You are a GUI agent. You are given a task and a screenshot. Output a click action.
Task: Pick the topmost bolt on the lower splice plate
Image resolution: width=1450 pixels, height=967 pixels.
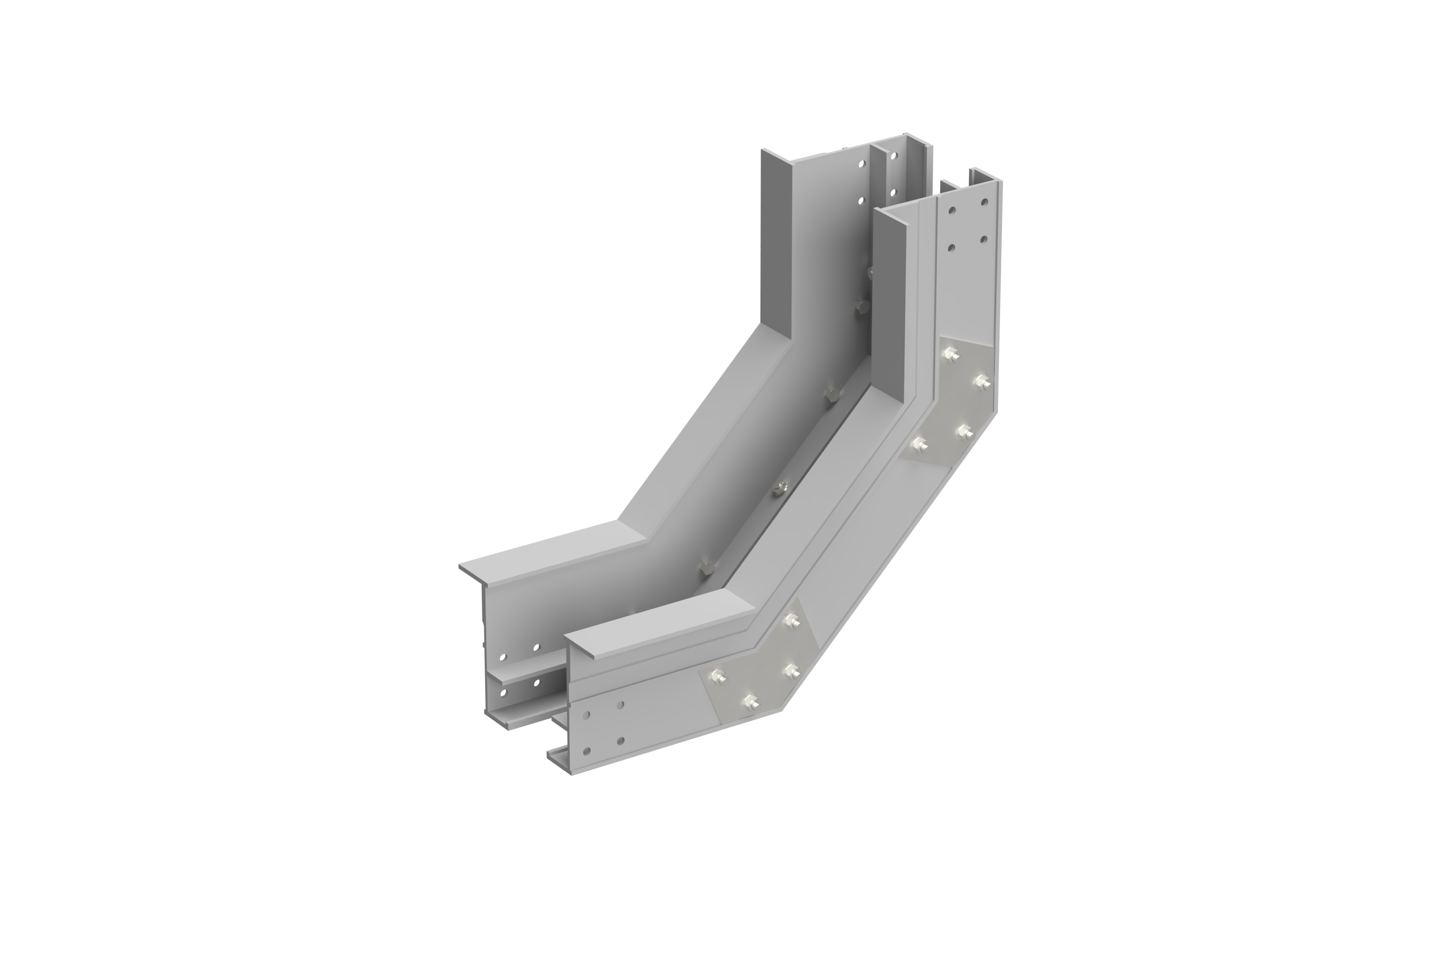(790, 620)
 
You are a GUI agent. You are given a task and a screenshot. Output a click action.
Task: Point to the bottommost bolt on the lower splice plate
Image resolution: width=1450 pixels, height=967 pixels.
(752, 702)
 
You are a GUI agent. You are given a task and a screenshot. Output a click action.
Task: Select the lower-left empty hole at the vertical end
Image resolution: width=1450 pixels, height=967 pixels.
(952, 248)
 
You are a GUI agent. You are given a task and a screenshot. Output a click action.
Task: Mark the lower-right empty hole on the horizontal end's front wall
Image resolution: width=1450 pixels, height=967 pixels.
(620, 741)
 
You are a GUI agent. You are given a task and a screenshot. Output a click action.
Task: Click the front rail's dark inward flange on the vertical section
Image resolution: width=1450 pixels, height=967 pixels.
(891, 296)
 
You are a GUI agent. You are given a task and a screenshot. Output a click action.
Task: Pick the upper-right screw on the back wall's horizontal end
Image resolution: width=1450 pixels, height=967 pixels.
(537, 647)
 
